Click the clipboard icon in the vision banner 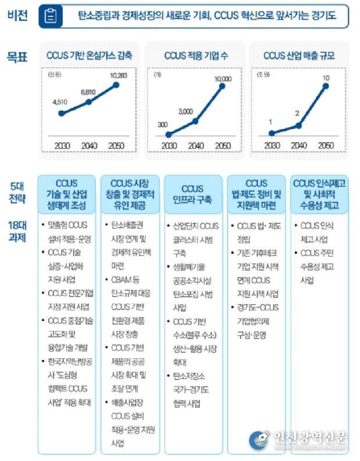51,17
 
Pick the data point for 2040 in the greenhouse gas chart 89,102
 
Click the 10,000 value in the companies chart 222,78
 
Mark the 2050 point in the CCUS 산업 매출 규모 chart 326,86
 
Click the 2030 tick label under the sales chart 270,145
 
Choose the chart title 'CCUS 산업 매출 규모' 298,56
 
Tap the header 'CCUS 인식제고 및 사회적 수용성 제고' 320,195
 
